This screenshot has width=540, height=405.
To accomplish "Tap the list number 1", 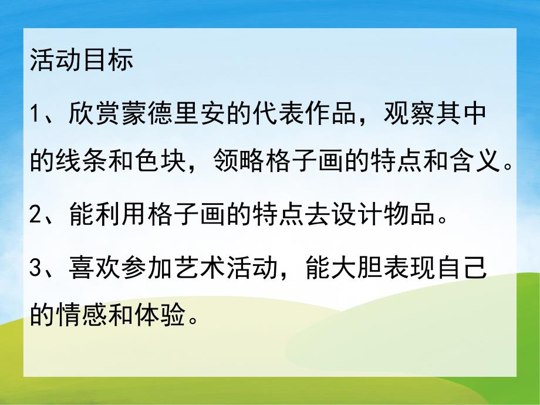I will (x=36, y=113).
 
